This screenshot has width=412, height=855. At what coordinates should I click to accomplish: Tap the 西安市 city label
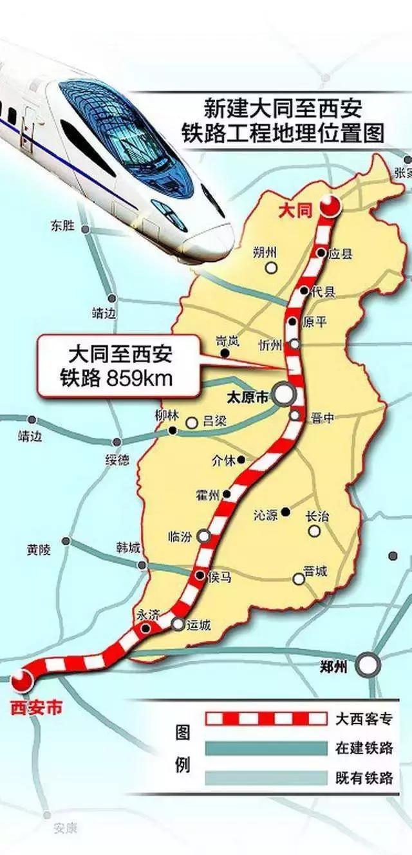point(37,707)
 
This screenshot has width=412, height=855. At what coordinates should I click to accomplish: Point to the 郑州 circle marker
point(368,665)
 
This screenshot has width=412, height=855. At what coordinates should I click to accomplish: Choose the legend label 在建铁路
point(364,747)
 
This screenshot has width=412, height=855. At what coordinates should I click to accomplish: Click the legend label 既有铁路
point(364,777)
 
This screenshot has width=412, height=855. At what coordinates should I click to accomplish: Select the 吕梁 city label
point(216,422)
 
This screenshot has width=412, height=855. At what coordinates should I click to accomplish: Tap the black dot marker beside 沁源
point(285,512)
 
